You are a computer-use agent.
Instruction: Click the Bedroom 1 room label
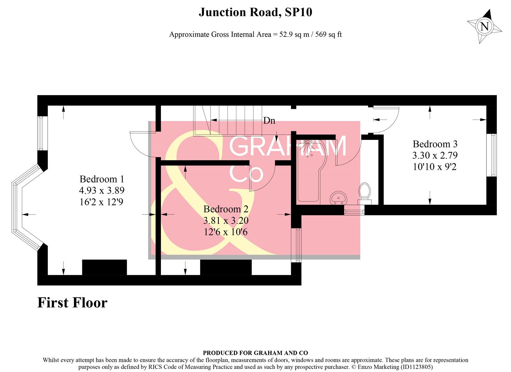coord(101,179)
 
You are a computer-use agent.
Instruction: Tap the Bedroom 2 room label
coord(226,209)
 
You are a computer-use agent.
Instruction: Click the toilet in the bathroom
coord(364,192)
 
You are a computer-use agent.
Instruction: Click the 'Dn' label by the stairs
coord(269,121)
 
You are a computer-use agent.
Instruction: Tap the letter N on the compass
coord(484,27)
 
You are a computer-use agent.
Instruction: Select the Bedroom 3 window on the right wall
coord(493,155)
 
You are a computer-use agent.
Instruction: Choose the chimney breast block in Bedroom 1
coord(104,267)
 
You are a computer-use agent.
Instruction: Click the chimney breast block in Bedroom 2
coord(226,267)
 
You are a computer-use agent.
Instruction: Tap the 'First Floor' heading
coord(72,303)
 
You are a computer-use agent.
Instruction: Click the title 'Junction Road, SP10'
coord(255,12)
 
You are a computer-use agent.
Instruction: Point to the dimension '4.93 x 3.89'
coord(101,190)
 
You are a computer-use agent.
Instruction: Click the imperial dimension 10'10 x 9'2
coord(435,167)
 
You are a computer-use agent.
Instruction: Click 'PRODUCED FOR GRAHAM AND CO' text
coord(255,353)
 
